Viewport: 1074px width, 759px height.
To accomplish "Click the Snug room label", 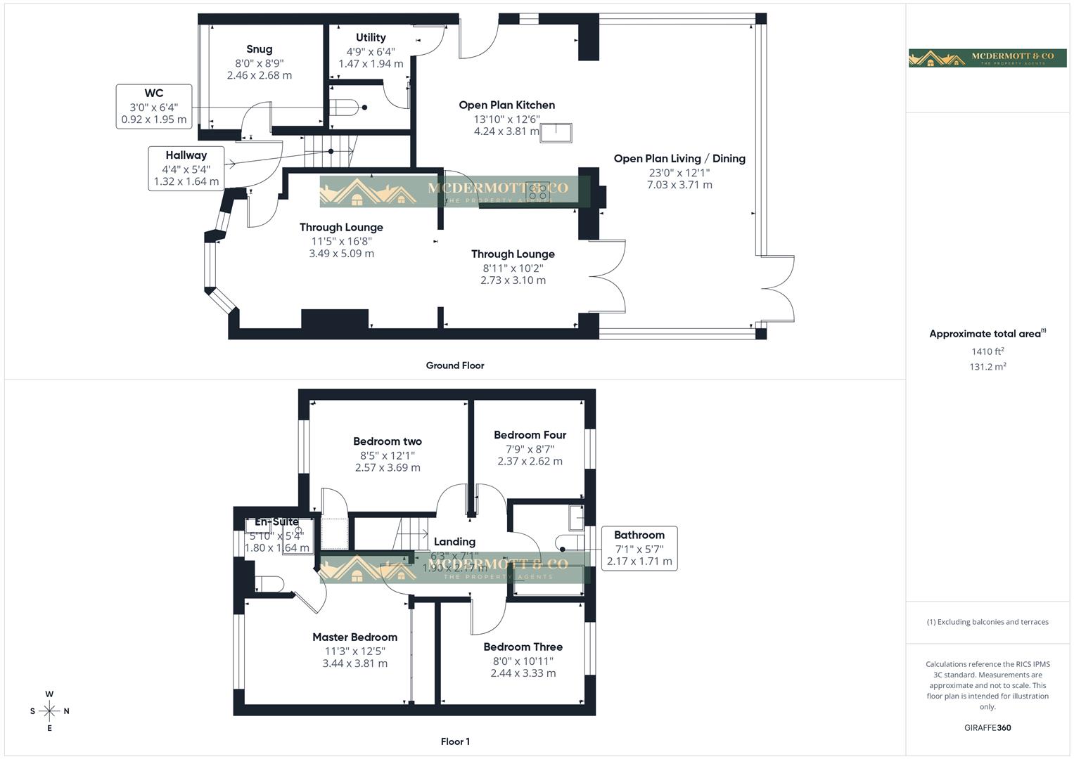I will coord(259,49).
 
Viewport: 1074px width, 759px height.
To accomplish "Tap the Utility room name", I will coord(371,38).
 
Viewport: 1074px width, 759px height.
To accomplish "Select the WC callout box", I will coord(154,106).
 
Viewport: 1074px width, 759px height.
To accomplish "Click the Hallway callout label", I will coord(186,155).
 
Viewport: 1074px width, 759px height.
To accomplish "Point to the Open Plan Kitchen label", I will coord(506,105).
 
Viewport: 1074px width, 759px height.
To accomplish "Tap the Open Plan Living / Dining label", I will coord(679,159).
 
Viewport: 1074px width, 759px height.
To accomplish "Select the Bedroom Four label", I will coord(530,435).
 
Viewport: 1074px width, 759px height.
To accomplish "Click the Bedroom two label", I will coord(388,441).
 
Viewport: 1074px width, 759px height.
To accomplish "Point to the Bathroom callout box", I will coord(639,548).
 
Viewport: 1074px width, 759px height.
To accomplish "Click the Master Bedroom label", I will coord(354,637).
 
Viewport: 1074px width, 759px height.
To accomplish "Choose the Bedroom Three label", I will coord(523,647).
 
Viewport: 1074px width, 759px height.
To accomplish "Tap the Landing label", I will coord(454,542).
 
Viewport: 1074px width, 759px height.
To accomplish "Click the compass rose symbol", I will coord(49,711).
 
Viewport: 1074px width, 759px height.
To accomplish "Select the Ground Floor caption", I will coord(455,365).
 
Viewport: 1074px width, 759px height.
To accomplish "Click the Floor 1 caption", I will coord(455,741).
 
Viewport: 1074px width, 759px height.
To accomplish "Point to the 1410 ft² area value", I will coord(987,351).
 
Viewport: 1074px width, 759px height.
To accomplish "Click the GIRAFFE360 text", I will coord(987,727).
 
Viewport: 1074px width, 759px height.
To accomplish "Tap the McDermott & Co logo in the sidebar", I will coord(988,58).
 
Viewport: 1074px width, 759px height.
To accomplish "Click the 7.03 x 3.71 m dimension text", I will coord(679,185).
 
